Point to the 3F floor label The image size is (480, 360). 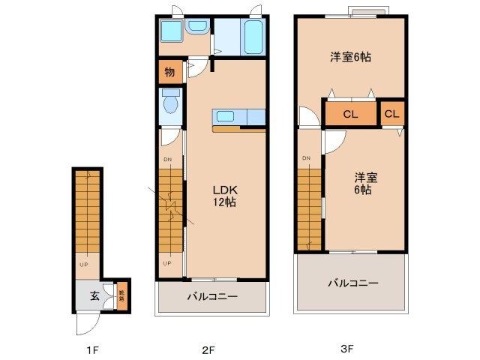point(346,349)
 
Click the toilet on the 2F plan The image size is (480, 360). point(170,102)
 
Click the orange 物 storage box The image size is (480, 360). point(170,73)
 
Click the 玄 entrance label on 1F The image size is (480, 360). point(95,295)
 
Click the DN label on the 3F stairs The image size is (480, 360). point(306,158)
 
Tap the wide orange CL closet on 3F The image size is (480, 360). point(350,115)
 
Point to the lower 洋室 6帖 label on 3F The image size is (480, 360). point(365,184)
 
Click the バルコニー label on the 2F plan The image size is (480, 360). point(212,297)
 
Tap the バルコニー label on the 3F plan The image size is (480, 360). point(352,283)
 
